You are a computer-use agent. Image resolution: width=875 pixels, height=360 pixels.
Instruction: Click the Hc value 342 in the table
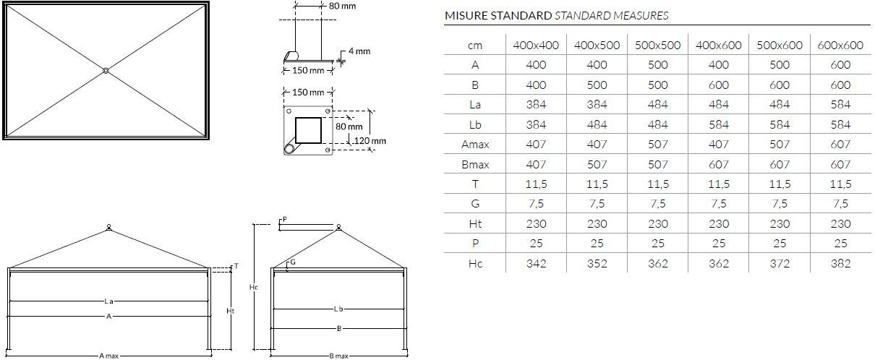[x=536, y=264]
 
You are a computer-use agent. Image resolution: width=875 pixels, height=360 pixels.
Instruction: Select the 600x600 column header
[x=840, y=46]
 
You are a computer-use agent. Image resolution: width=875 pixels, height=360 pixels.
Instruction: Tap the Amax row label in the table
[x=475, y=145]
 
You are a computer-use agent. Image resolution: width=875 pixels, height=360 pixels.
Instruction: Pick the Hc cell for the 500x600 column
[x=780, y=264]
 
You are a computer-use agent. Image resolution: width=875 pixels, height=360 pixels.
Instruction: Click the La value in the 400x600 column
[x=718, y=105]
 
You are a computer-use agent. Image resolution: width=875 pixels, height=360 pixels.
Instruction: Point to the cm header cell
[x=475, y=46]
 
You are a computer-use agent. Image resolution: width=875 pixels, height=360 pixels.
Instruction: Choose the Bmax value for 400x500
[x=597, y=164]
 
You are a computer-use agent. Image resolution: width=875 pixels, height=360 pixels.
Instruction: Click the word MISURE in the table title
[x=466, y=16]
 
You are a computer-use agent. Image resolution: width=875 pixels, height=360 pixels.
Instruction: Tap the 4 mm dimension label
[x=359, y=51]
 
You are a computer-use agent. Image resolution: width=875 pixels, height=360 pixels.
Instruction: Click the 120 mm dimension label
[x=370, y=141]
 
